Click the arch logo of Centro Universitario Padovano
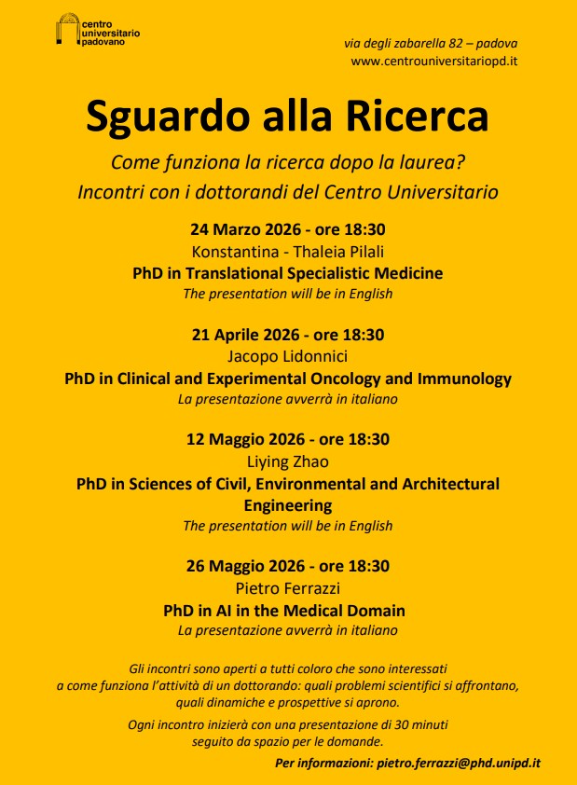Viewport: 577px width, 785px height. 68,29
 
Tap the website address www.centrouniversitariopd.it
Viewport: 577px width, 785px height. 434,62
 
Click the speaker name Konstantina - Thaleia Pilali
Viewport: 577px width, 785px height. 288,251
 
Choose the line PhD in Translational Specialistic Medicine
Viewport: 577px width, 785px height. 288,273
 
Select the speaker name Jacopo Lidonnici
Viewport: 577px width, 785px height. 288,356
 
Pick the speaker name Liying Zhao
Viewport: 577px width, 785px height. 288,461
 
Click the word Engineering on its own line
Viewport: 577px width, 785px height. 288,505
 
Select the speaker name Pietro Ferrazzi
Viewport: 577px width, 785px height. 288,588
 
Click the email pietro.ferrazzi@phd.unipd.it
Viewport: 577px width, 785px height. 459,763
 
